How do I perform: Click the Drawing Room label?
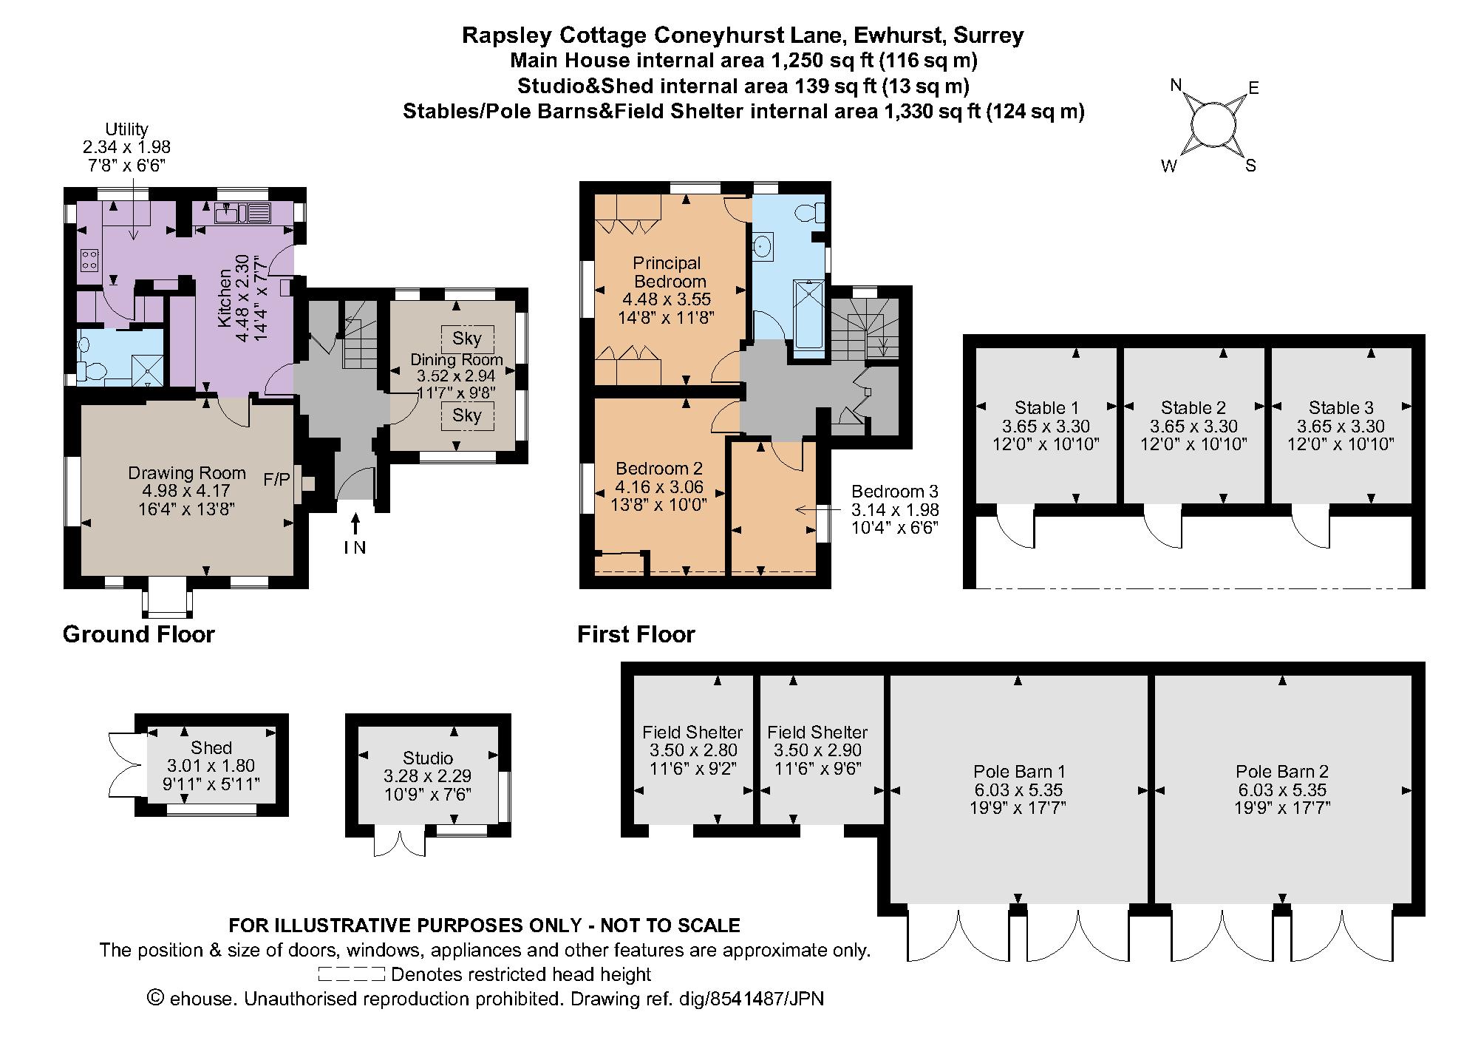pos(187,473)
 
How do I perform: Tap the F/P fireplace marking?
pos(276,480)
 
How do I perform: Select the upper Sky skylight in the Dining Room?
pos(467,339)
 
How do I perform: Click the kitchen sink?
pos(226,214)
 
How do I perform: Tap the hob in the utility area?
pos(89,259)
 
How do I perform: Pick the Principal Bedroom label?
pos(667,272)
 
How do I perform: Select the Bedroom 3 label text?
pos(894,492)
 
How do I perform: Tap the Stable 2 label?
pos(1193,407)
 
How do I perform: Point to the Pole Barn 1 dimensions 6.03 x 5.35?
pos(1018,790)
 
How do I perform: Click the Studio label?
pos(428,758)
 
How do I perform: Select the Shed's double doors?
pos(122,764)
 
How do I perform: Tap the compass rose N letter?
pos(1176,84)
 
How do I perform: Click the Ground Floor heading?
pos(139,634)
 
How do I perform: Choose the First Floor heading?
pos(636,634)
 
